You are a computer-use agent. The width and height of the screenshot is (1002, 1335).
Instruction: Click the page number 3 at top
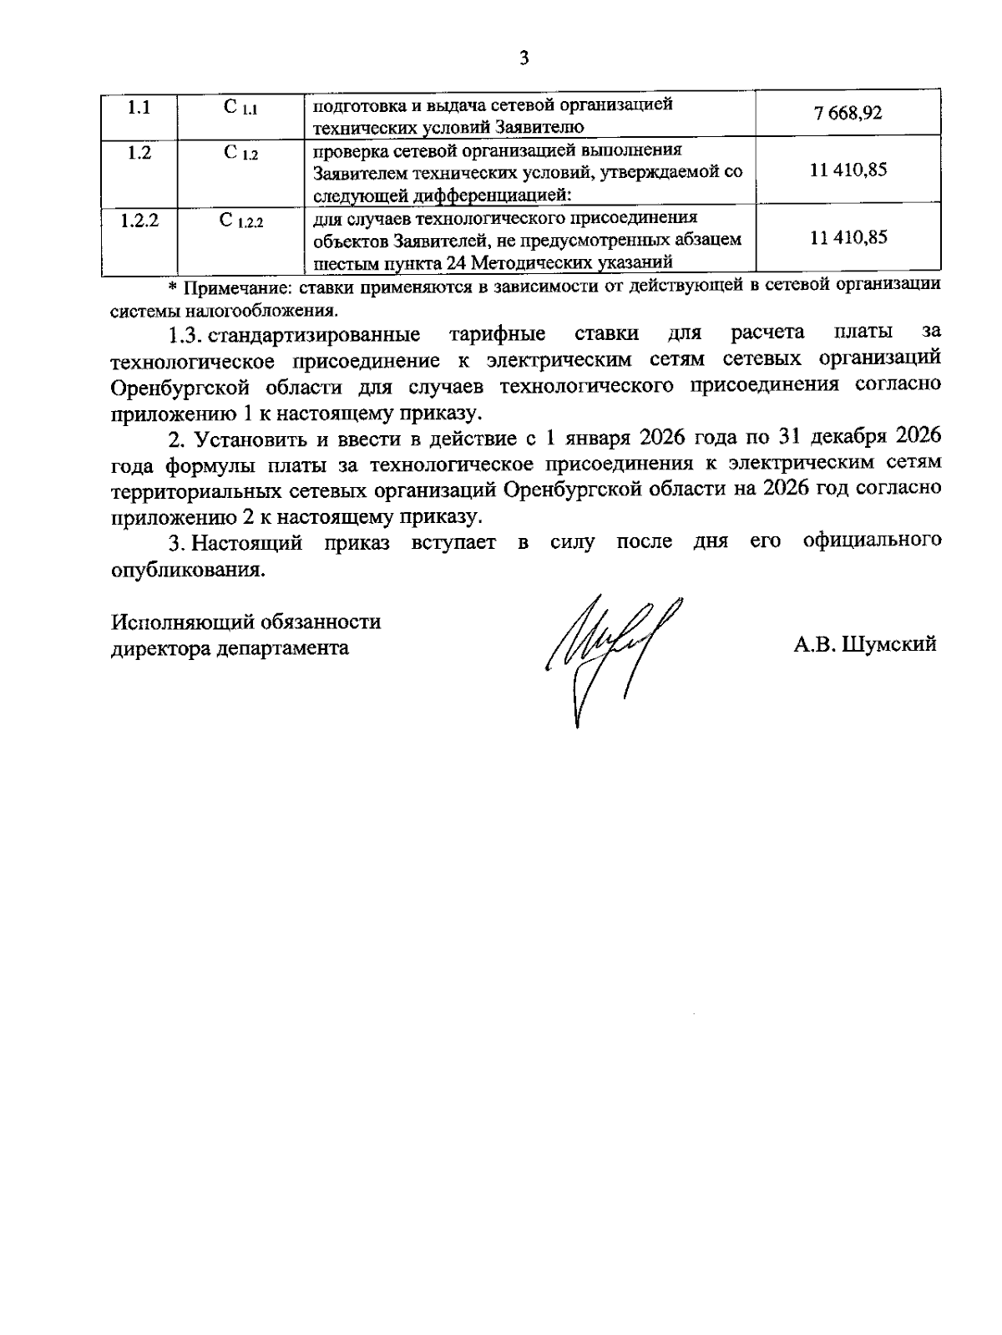point(524,58)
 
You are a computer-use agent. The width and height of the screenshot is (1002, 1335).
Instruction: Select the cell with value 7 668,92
point(848,113)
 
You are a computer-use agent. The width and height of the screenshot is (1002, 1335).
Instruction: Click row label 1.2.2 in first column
point(139,221)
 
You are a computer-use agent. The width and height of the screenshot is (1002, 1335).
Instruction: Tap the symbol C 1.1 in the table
point(241,108)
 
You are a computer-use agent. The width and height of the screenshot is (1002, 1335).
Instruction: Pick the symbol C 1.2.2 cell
point(241,221)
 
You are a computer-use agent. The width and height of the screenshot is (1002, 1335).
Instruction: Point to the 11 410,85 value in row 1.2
point(848,170)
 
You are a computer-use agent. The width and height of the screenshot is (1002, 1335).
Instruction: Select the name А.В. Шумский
point(865,644)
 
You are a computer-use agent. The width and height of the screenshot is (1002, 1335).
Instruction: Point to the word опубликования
point(188,571)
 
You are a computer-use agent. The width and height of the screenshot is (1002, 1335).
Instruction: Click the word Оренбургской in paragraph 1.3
point(180,386)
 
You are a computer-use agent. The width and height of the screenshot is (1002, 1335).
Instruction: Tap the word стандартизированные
point(314,335)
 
